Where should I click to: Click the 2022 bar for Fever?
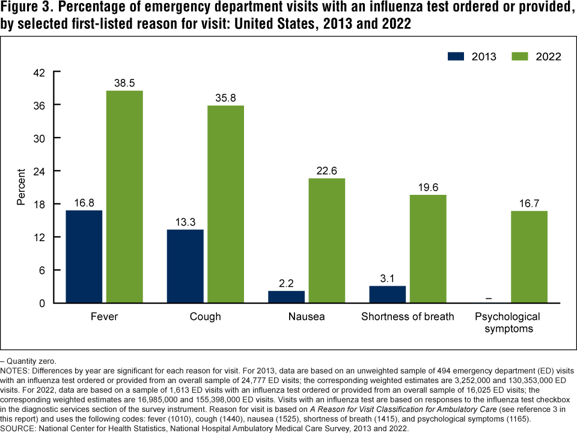tap(124, 197)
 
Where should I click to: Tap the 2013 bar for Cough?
tap(185, 266)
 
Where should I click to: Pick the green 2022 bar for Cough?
tap(226, 204)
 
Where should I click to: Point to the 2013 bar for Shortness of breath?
tap(388, 294)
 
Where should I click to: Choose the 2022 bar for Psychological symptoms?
tap(529, 257)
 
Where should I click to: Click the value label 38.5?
tap(124, 82)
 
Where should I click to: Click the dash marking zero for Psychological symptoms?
tap(489, 298)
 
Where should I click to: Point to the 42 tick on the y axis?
tap(38, 72)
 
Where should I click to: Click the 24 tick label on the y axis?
tap(38, 171)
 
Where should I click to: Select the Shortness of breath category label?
tap(408, 316)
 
